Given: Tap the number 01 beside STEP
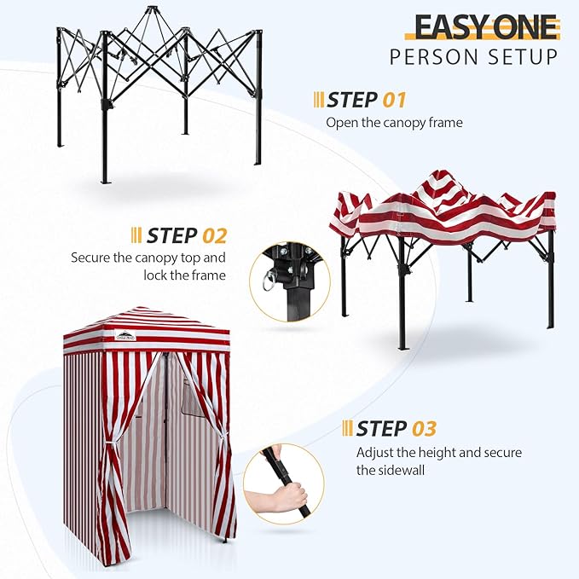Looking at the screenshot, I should (393, 100).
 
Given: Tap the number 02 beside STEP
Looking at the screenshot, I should (213, 234).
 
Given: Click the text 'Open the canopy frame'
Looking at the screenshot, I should (394, 122).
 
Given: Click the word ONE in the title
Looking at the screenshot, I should (523, 27).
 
